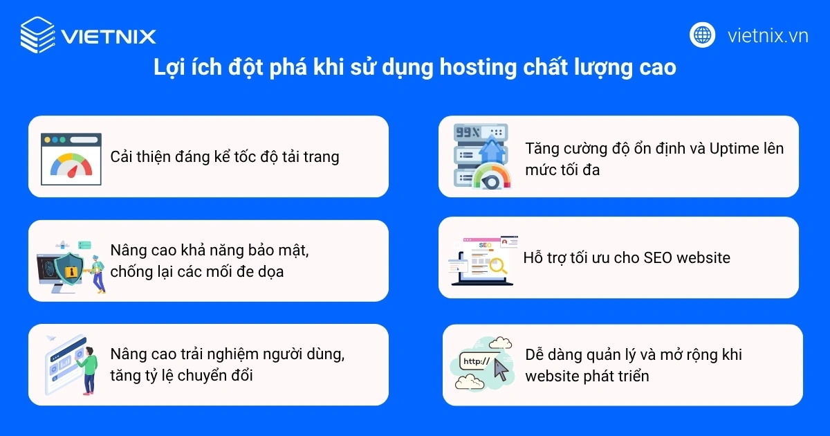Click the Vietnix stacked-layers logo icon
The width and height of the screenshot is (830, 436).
(37, 35)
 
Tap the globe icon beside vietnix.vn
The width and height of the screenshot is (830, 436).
(702, 35)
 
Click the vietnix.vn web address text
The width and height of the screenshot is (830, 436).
(768, 35)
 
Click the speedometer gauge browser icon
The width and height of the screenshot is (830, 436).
(71, 158)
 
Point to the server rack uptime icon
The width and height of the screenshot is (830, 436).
(480, 156)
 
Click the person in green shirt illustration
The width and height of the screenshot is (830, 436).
(89, 366)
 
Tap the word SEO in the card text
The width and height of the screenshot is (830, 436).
(658, 258)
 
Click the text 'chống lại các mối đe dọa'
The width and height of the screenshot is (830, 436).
(197, 271)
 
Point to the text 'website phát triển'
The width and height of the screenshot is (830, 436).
(587, 376)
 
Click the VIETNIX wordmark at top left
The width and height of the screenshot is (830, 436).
(108, 35)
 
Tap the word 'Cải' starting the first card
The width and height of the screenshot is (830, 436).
(122, 156)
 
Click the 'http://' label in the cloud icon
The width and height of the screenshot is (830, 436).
(476, 361)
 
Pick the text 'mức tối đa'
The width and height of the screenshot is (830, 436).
(562, 169)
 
